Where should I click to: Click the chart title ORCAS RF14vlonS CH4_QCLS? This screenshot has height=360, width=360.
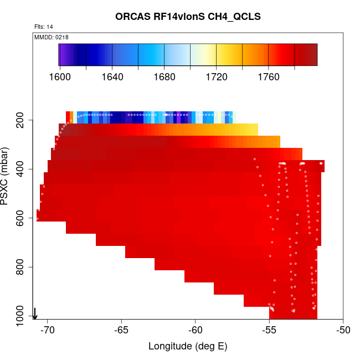(188, 17)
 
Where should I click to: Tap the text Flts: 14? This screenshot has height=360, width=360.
(44, 27)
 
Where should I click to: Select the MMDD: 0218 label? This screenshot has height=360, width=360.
(52, 37)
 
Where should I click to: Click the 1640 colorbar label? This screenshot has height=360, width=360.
(112, 77)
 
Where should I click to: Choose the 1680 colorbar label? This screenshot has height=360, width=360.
(164, 77)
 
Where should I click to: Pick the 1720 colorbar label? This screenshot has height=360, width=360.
(217, 77)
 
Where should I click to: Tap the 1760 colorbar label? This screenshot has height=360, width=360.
(269, 77)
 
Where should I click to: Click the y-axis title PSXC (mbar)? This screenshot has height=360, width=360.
(7, 176)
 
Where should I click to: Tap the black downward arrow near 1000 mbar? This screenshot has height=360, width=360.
(35, 313)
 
